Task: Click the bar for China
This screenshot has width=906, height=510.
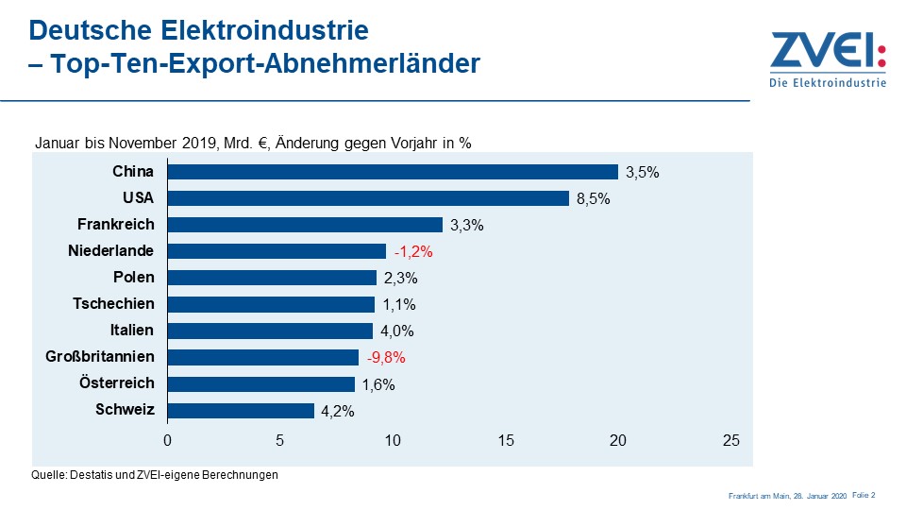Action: [x=393, y=172]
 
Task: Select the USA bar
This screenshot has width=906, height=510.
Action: [x=368, y=198]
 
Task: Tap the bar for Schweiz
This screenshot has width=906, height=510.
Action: [x=241, y=411]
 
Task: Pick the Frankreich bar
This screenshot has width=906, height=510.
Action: [x=305, y=225]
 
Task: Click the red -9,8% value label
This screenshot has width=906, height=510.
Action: [x=386, y=358]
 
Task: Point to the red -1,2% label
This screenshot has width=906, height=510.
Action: [x=412, y=252]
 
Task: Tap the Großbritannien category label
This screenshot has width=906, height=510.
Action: [x=100, y=357]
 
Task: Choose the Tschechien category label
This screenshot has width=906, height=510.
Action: [x=113, y=304]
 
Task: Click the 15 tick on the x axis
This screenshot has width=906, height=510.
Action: [x=505, y=441]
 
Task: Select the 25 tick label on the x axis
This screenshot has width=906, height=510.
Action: [x=730, y=441]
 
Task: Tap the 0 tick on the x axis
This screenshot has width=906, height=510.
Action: [x=168, y=441]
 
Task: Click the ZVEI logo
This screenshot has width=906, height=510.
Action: [x=828, y=59]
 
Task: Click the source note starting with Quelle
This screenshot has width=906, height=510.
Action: [x=156, y=475]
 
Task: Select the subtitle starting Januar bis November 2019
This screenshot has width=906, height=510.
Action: [x=253, y=144]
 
